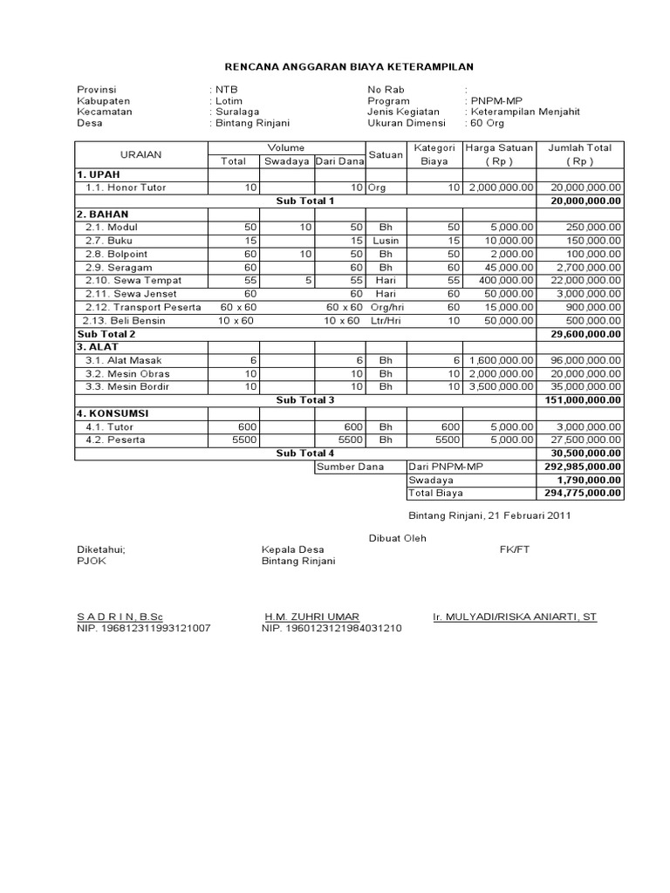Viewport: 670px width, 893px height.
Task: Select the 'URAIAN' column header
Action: [140, 154]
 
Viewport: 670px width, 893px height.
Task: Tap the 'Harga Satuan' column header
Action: [499, 148]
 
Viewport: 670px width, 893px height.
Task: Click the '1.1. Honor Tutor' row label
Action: [126, 187]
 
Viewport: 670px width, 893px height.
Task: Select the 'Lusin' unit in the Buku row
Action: [386, 241]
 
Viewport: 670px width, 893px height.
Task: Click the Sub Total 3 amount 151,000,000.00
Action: [582, 399]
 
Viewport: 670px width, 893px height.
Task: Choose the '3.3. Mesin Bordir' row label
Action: [127, 386]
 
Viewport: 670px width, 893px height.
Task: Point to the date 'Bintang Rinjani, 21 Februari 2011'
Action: [489, 515]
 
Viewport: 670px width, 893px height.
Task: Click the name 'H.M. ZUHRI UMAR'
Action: [311, 616]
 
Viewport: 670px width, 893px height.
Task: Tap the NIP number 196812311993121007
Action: [143, 628]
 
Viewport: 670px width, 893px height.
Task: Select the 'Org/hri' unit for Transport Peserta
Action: [386, 307]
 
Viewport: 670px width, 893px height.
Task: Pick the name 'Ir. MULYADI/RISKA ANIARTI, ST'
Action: [515, 616]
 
